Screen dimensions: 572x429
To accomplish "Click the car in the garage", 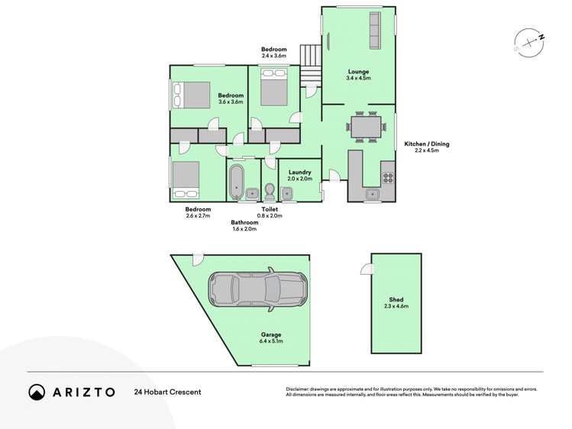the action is pos(258,289).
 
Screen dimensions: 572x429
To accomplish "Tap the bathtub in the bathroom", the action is pos(237,182).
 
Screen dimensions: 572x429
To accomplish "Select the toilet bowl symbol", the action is pos(270,191).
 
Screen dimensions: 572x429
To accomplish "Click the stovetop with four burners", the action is pos(388,178).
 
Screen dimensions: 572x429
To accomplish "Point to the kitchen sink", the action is pos(373,194).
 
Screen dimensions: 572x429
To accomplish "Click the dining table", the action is pos(366,127).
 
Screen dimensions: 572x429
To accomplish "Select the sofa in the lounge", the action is pos(375,31).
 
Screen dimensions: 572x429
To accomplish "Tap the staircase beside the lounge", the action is pos(311,66).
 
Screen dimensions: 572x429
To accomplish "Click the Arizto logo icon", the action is pos(37,392).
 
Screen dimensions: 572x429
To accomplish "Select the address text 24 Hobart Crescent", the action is pos(167,392).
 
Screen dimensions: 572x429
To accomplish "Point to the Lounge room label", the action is pos(358,72).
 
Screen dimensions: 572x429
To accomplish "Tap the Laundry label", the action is pos(300,173).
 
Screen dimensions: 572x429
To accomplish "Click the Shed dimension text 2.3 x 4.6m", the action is pos(396,306).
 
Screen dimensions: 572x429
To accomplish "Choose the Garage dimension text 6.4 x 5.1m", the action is pos(271,341).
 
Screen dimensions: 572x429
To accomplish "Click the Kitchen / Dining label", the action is pos(427,144).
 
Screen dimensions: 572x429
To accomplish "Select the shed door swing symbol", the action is pos(367,269).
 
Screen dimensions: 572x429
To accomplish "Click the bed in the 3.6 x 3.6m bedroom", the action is pos(191,95).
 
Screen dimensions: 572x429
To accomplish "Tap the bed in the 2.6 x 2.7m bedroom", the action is pos(186,179).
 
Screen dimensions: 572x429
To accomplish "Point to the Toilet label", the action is pos(270,209).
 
